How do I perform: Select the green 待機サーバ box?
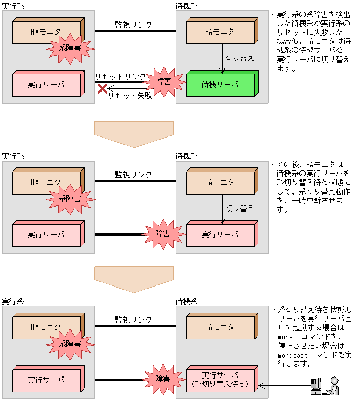coord(219,85)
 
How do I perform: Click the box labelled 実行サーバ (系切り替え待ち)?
coord(219,380)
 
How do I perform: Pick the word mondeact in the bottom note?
coord(292,355)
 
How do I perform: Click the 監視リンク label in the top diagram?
coord(133,25)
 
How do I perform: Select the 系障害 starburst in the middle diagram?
coord(70,198)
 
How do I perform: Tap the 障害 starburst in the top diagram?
coord(163,82)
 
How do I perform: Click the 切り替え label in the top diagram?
coord(240,58)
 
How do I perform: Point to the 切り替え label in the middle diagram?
coord(240,208)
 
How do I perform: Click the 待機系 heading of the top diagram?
coord(186,5)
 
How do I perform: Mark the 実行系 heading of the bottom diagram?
coord(13,302)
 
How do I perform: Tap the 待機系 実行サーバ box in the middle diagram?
coord(219,235)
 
